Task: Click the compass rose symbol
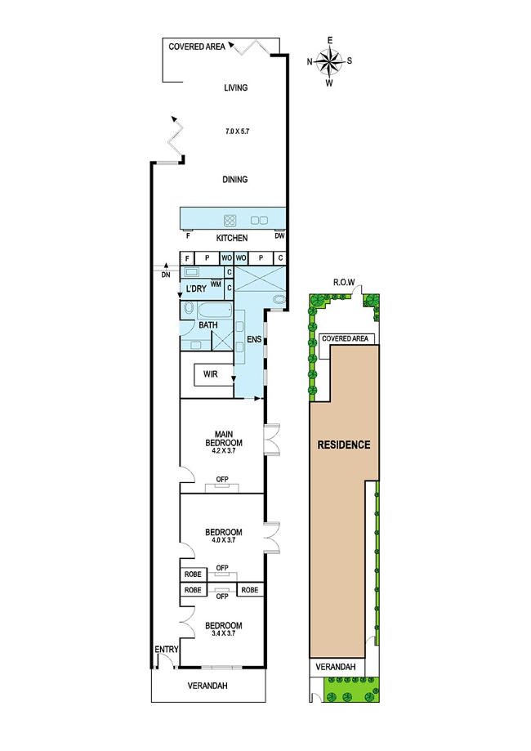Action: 329,61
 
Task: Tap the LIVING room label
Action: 235,87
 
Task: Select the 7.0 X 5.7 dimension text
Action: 238,131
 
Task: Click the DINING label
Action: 235,180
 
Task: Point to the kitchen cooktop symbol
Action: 230,221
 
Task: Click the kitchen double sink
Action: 260,221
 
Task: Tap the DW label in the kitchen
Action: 279,235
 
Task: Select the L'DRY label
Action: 196,288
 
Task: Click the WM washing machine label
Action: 216,284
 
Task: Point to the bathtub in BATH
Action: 215,311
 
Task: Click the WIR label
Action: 211,374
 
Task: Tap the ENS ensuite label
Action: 254,339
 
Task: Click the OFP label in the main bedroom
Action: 222,479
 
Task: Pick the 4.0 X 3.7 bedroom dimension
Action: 224,540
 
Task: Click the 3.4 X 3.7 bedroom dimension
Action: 224,633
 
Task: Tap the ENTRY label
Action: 167,650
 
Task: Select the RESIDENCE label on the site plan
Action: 344,445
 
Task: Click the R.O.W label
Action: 344,282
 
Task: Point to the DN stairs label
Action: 166,275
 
